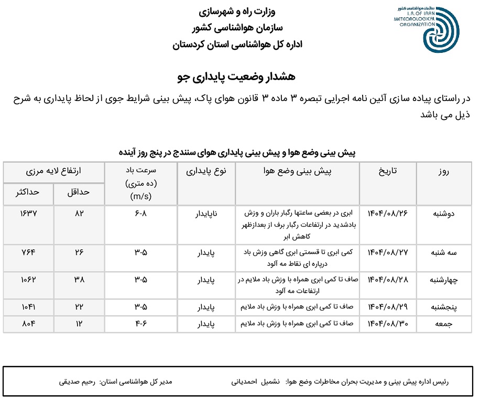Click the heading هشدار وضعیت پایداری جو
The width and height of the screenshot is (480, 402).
[236, 76]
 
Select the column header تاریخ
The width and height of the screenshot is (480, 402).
[388, 171]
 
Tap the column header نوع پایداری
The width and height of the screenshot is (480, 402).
[206, 171]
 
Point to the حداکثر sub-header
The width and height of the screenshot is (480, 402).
[29, 192]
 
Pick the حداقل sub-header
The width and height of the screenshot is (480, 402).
[79, 192]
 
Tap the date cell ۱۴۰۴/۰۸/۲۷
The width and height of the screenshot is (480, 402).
[388, 252]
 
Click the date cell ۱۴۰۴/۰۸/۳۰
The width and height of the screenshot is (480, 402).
[388, 324]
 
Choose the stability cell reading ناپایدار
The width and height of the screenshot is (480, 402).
[206, 214]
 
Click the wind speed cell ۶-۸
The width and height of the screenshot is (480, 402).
[140, 214]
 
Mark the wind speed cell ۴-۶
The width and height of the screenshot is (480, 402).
[140, 324]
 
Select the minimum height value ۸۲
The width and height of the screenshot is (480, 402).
[79, 214]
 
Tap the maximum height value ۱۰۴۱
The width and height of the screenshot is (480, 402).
[29, 306]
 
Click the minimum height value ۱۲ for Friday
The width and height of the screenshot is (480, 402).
[79, 324]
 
